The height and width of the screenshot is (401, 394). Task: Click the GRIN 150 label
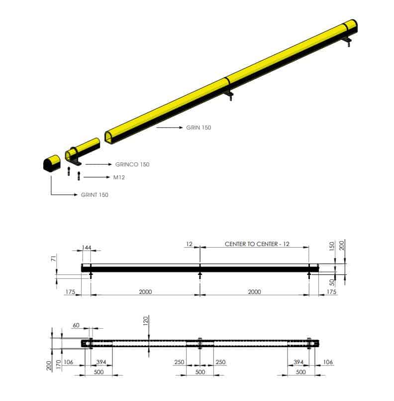[x=198, y=128]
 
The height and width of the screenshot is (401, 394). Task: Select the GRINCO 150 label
[x=132, y=164]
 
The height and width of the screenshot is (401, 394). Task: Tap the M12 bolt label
[x=119, y=177]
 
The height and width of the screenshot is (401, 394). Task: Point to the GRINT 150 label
[x=95, y=195]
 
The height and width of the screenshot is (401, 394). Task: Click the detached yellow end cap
[x=52, y=163]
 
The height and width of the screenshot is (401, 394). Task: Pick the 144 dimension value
[x=86, y=248]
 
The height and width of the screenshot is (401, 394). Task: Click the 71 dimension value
[x=53, y=259]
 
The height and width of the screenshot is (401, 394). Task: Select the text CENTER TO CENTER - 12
[x=257, y=244]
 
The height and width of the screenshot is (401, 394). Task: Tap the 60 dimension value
[x=76, y=325]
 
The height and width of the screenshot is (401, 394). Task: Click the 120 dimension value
[x=146, y=321]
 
